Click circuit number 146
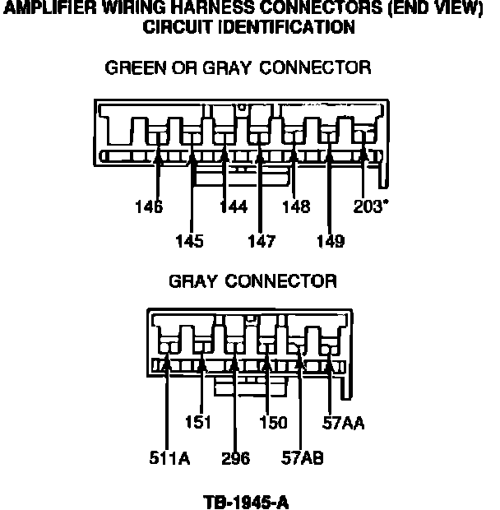(149, 207)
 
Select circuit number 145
(189, 241)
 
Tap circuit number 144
(233, 207)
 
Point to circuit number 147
(260, 241)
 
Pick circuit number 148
(296, 207)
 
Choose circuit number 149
(330, 241)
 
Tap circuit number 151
(197, 423)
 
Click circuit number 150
(273, 423)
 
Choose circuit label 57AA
(343, 423)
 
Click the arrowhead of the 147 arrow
(260, 150)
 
